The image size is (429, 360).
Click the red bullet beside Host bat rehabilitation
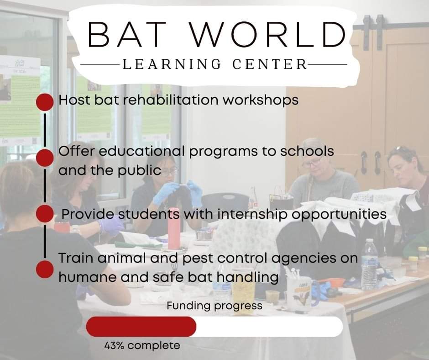point(45,102)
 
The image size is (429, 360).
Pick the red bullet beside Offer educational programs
point(45,158)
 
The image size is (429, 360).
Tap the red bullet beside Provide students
point(45,213)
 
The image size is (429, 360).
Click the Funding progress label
point(214,306)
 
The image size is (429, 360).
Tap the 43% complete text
point(142,345)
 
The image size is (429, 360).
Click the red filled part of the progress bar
point(141,327)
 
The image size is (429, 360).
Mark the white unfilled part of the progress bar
point(269,327)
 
